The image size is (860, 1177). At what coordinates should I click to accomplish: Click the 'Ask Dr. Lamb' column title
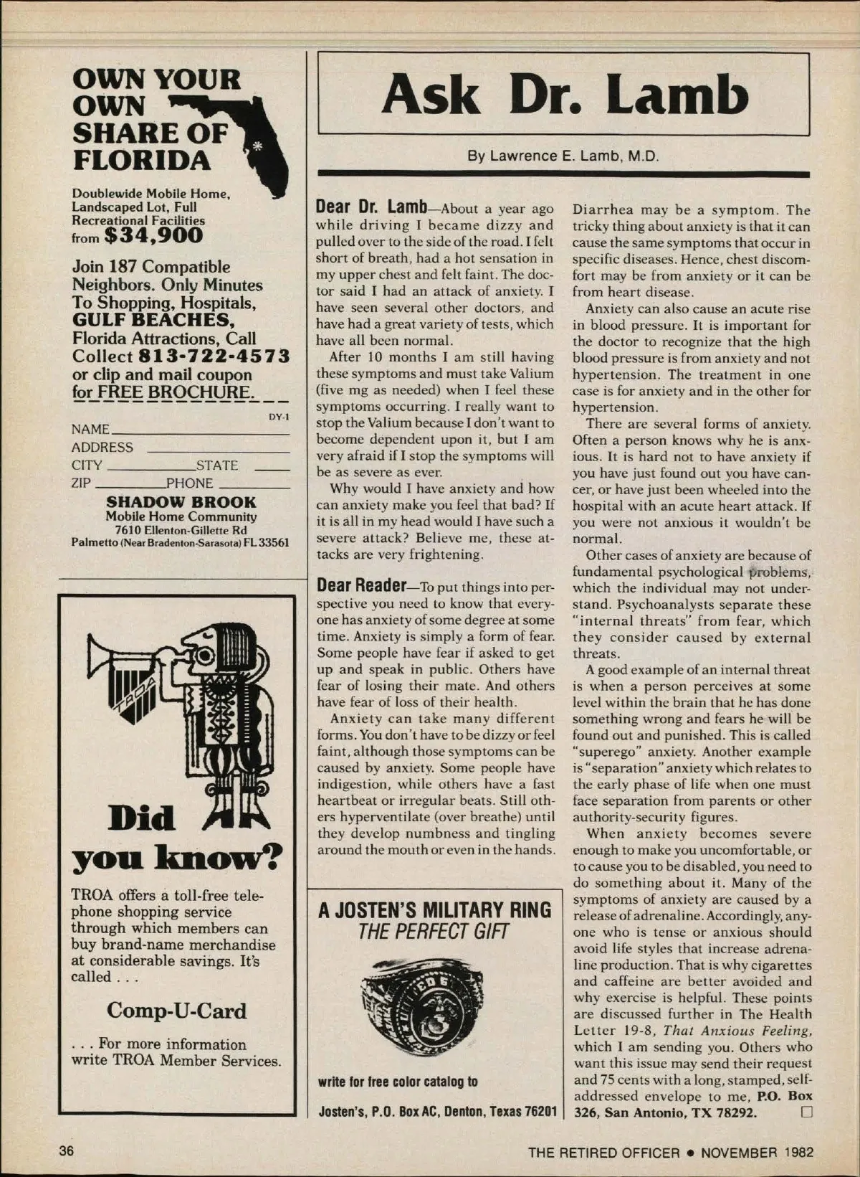565,95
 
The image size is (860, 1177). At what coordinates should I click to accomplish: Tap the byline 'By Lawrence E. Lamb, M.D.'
563,156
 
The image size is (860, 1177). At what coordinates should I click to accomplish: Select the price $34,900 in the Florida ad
153,235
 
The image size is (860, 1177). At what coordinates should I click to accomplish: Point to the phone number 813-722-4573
214,356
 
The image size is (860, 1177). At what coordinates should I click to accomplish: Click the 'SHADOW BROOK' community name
181,502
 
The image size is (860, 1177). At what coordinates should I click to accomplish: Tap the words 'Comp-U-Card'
176,1011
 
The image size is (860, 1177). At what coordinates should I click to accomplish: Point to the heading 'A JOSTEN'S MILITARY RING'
435,910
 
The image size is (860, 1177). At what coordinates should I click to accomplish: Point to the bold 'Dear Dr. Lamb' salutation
371,207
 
